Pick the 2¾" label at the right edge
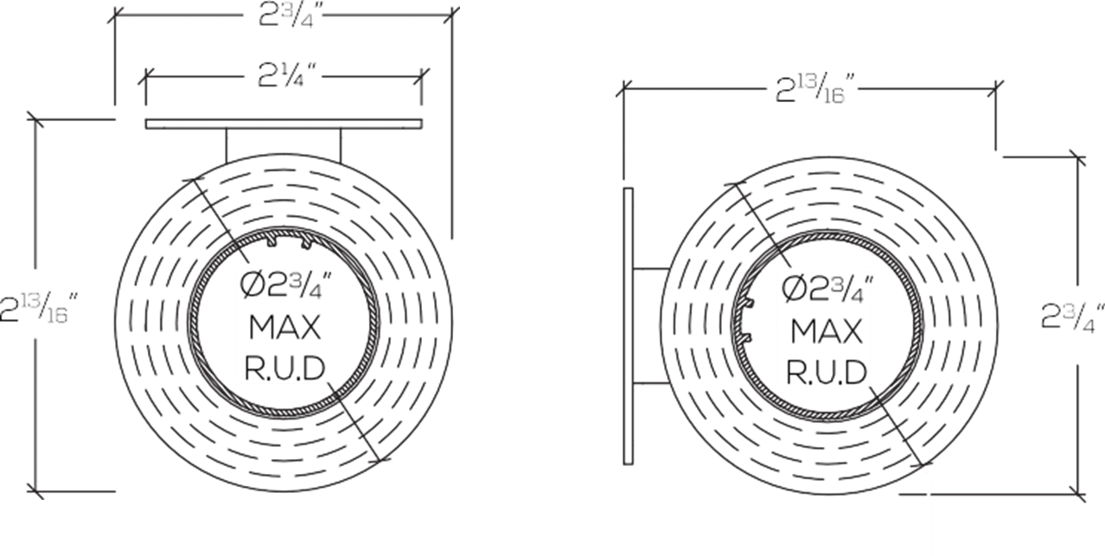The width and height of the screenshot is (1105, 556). point(1071,317)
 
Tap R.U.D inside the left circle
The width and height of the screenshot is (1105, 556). point(284,369)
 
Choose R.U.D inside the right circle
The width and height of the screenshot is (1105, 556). point(826,372)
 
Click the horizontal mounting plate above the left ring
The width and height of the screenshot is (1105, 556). point(284,125)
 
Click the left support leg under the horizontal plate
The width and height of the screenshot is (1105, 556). point(227,144)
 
